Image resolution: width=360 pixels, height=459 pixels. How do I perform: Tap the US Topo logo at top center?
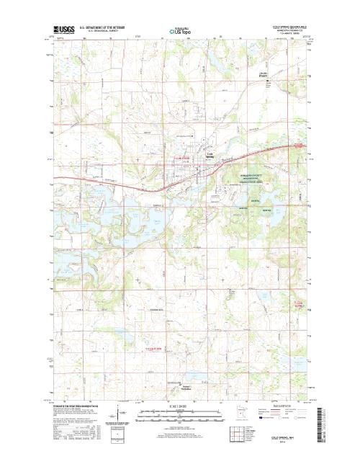tap(180, 32)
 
